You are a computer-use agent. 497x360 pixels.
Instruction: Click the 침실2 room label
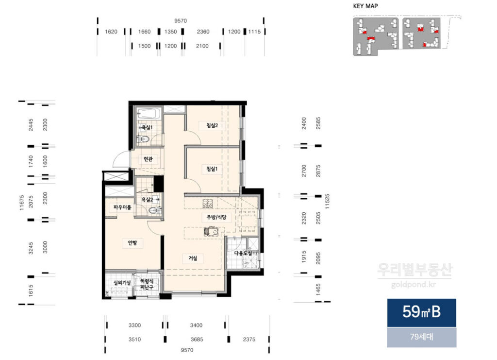pyautogui.click(x=212, y=125)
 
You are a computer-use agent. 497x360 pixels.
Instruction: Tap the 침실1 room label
pyautogui.click(x=212, y=169)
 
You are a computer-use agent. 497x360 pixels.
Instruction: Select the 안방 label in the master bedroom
pyautogui.click(x=133, y=243)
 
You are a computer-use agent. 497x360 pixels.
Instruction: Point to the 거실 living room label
pyautogui.click(x=193, y=258)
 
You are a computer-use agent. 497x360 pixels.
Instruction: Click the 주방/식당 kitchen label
pyautogui.click(x=216, y=217)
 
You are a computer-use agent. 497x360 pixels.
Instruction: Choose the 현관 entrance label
pyautogui.click(x=148, y=158)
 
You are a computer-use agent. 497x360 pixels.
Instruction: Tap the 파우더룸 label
pyautogui.click(x=122, y=207)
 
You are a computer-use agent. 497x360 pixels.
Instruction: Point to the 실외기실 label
pyautogui.click(x=122, y=282)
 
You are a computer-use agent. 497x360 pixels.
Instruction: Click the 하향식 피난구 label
pyautogui.click(x=147, y=284)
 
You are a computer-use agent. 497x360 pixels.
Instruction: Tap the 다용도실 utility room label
pyautogui.click(x=243, y=253)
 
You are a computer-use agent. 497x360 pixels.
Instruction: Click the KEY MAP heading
pyautogui.click(x=365, y=6)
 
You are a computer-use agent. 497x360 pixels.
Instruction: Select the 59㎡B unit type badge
pyautogui.click(x=422, y=312)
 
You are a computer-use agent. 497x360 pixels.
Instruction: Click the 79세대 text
pyautogui.click(x=422, y=337)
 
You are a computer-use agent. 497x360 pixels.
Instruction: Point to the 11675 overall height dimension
pyautogui.click(x=21, y=203)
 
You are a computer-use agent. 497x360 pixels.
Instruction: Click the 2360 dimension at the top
pyautogui.click(x=203, y=32)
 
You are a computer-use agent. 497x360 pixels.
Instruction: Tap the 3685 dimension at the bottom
pyautogui.click(x=197, y=340)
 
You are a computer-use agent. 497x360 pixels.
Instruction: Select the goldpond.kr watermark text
pyautogui.click(x=414, y=285)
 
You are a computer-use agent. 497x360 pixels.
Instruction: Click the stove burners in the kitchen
pyautogui.click(x=208, y=204)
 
